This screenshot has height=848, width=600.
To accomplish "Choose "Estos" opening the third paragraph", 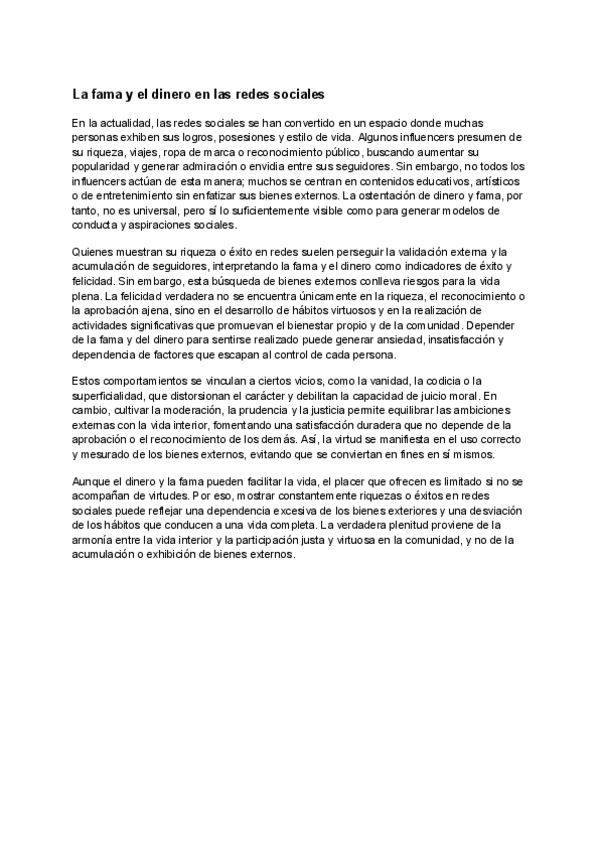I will coord(88,382).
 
